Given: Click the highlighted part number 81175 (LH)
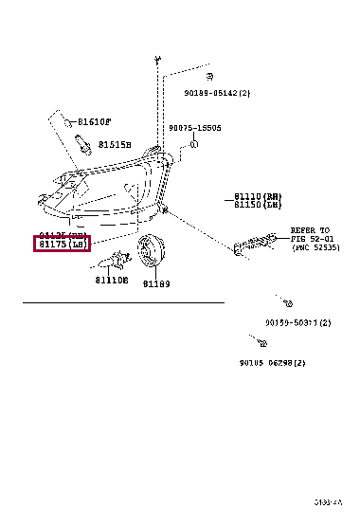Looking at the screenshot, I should [x=62, y=245].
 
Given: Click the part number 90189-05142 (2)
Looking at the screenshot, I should [x=217, y=93].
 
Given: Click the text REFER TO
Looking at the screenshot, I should [x=308, y=230].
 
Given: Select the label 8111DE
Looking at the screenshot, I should [x=111, y=281].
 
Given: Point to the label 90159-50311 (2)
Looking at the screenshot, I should [x=297, y=322].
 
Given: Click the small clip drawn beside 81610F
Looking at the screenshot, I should [x=69, y=122].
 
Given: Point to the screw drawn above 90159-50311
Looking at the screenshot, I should [x=285, y=302].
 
